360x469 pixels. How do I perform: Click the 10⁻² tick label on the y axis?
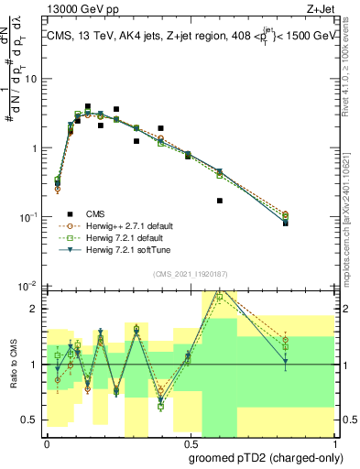point(28,287)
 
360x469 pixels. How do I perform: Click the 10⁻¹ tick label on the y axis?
point(28,217)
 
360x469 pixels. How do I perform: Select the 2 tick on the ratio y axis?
point(34,309)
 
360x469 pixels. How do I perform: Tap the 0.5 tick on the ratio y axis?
point(30,420)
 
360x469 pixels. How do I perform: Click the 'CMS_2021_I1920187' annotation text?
point(190,274)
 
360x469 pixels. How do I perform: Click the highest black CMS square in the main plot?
point(88,107)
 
